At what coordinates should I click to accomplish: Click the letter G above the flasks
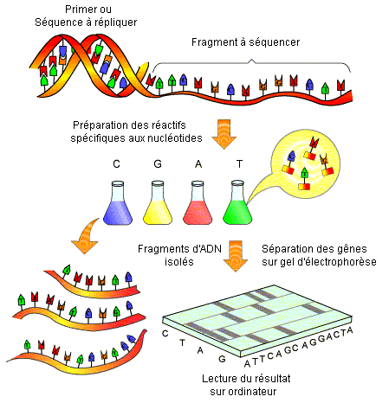(158, 163)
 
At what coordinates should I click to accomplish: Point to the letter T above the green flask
(239, 163)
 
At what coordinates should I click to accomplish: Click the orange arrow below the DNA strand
(224, 134)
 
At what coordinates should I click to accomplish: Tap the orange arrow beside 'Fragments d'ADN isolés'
(236, 256)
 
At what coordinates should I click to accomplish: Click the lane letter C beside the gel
(165, 334)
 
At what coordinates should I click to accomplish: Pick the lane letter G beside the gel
(222, 359)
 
